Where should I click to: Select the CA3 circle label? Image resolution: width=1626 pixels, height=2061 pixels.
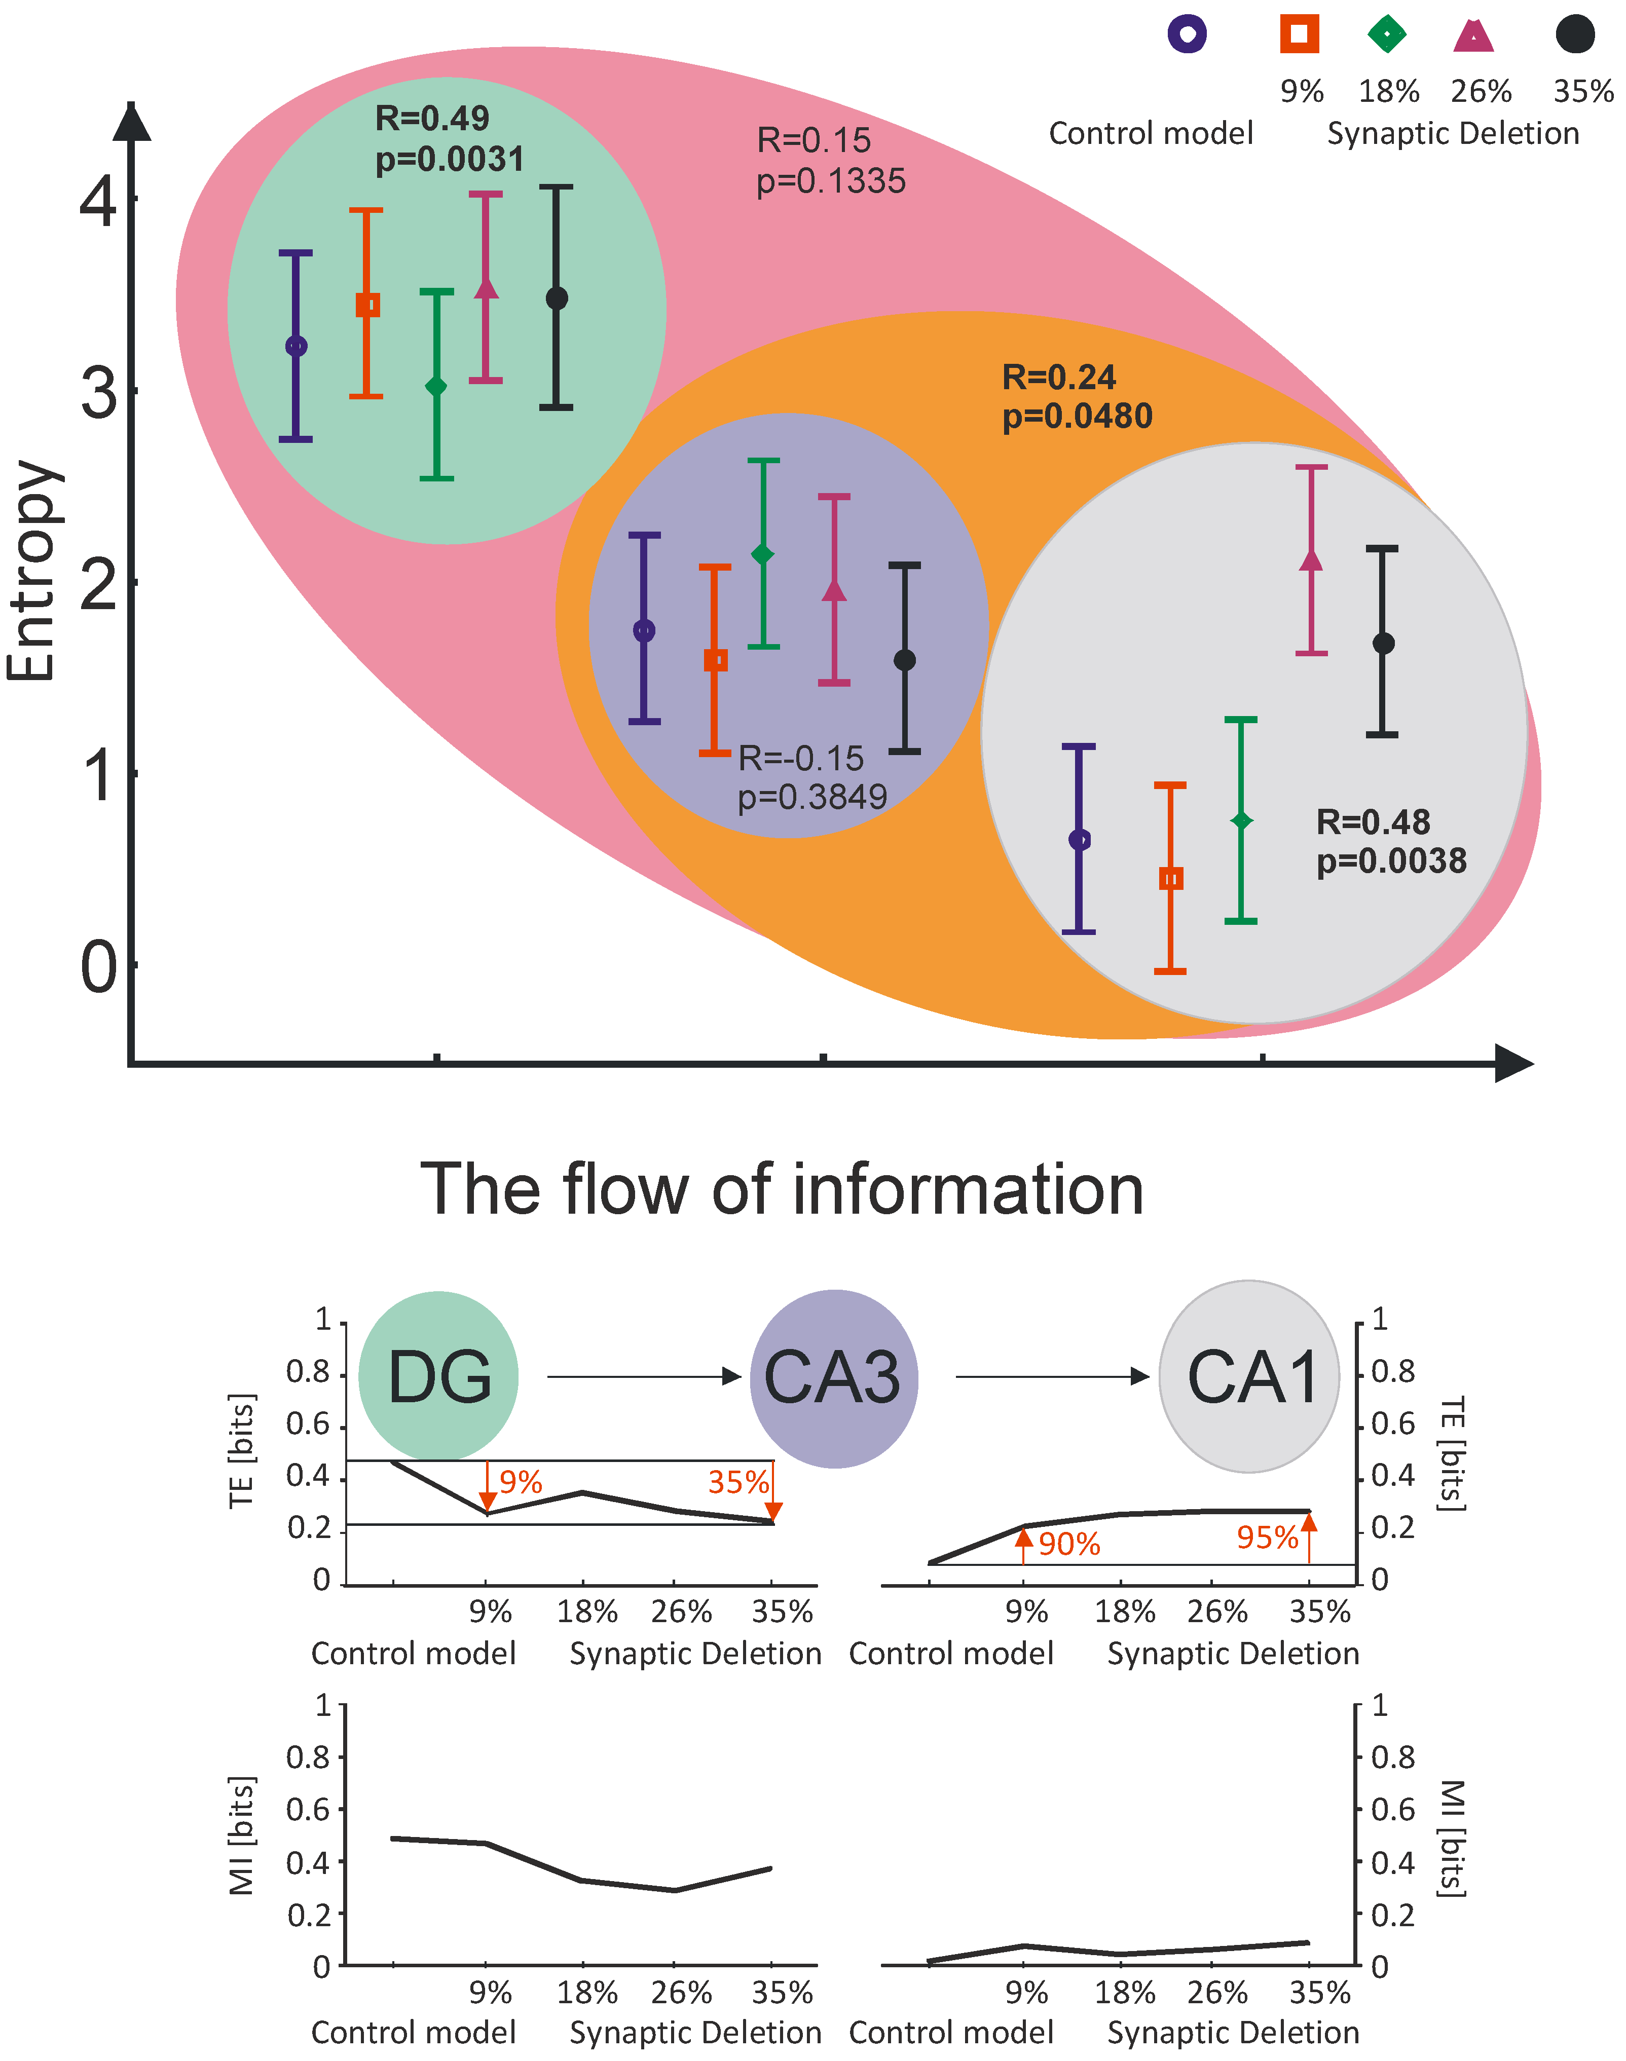click(833, 1377)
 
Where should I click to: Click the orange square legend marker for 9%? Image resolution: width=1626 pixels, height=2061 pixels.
click(1299, 34)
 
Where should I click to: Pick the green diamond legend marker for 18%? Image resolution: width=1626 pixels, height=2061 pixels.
click(1387, 34)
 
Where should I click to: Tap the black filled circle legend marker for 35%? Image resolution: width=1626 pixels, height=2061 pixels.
click(1575, 34)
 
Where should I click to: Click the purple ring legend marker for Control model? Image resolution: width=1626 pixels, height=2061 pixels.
click(1187, 34)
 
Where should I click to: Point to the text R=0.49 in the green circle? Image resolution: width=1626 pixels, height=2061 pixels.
click(432, 118)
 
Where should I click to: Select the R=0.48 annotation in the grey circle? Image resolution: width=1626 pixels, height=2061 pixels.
click(1373, 821)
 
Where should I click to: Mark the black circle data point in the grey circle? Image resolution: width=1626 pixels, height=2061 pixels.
click(1383, 644)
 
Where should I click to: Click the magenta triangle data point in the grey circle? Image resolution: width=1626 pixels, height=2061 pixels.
click(1311, 560)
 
